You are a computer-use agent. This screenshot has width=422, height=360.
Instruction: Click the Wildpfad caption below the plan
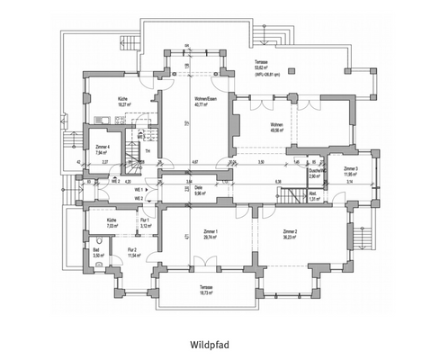pos(211,344)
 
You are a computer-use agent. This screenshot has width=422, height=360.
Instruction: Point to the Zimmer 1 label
pos(210,233)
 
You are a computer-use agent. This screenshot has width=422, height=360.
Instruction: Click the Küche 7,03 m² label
pos(111,222)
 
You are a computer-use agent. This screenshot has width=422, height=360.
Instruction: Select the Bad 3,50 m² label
pos(100,255)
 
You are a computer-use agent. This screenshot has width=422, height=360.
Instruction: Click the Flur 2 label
pos(133,252)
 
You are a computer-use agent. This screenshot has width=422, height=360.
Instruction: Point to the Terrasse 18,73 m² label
pos(208,290)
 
